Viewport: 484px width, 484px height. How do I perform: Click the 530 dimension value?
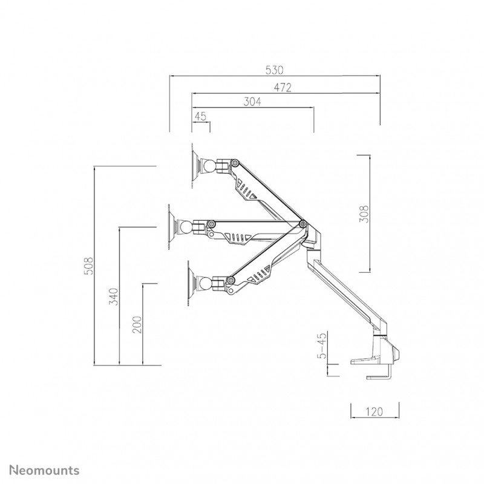tap(274, 70)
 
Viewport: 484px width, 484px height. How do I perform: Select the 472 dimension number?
tap(283, 88)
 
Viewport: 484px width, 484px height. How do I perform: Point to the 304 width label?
tap(252, 101)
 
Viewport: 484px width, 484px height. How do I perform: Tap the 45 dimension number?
tap(200, 116)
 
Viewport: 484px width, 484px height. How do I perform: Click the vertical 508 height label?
tap(88, 266)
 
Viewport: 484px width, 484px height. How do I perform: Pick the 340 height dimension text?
tap(114, 296)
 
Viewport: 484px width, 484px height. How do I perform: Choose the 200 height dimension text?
tap(137, 324)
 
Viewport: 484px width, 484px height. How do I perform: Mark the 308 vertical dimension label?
tap(364, 214)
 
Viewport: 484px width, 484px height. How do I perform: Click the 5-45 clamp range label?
tap(322, 345)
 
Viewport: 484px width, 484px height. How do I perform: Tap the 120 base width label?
tap(374, 411)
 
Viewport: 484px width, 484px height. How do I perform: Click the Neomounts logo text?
tap(44, 471)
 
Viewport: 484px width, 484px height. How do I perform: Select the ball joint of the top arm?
tap(209, 166)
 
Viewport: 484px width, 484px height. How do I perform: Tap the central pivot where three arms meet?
tap(303, 223)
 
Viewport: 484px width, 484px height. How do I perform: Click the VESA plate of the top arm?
tap(195, 166)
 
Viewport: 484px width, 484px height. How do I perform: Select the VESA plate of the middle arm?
tap(172, 227)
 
